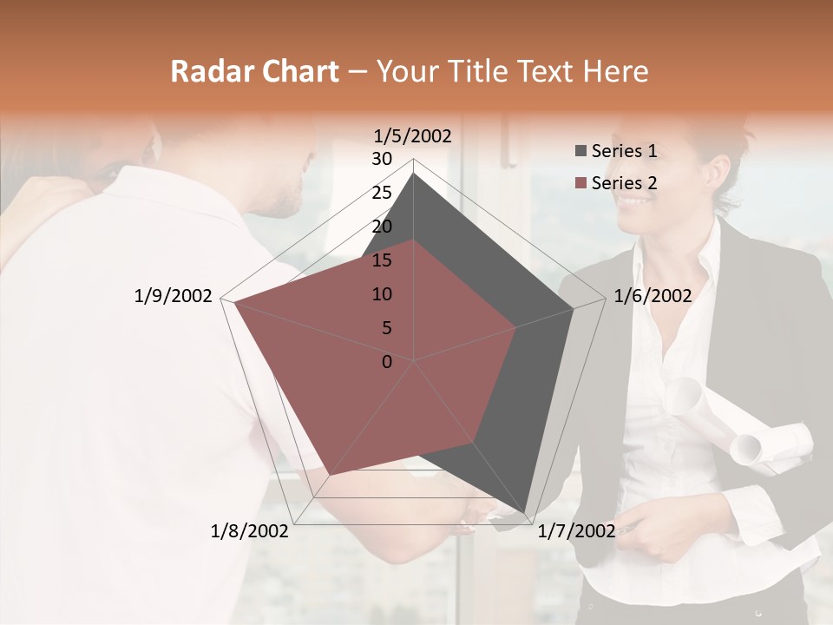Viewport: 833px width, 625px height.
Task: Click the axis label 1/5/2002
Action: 413,135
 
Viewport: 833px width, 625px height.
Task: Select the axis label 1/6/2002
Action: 653,296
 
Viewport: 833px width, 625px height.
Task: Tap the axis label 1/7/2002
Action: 576,530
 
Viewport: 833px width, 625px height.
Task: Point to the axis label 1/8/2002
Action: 250,530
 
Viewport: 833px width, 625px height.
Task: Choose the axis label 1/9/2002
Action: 174,296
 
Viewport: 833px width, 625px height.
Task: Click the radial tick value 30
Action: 382,159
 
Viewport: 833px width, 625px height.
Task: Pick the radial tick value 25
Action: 382,193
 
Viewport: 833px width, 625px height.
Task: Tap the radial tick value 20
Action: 382,227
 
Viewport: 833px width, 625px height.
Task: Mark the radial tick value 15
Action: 382,260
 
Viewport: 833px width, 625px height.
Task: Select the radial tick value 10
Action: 382,294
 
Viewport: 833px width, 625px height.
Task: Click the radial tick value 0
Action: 387,361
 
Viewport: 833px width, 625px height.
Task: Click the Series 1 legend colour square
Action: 580,152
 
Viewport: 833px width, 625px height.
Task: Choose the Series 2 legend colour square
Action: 580,183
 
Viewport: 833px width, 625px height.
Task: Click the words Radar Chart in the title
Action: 254,72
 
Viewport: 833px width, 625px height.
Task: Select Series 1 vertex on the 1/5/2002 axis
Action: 413,173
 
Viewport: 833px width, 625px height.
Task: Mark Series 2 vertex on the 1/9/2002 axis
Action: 233,303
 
